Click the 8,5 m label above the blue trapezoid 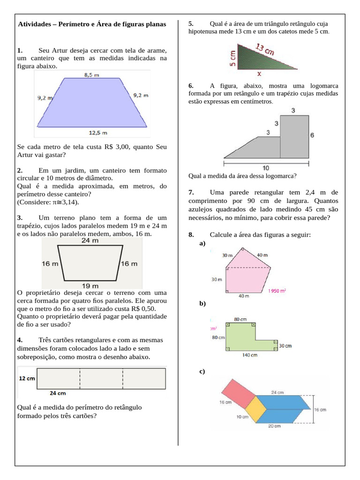coord(91,75)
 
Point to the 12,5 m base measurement coord(96,132)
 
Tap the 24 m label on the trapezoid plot coord(90,241)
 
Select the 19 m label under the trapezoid coord(90,285)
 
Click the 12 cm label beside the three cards coord(26,378)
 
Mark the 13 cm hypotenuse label coord(265,49)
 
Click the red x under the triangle coord(259,74)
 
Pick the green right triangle coord(253,59)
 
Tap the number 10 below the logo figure coord(266,168)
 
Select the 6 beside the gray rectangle coord(312,135)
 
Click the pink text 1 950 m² coord(277,291)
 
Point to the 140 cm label coord(250,355)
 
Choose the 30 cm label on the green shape coord(285,346)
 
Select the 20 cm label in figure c coord(274,426)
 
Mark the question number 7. coord(191,193)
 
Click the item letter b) coord(202,303)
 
